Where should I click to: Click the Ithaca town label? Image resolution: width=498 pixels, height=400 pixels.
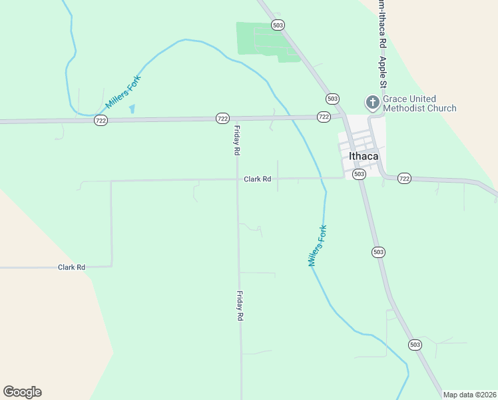click(364, 157)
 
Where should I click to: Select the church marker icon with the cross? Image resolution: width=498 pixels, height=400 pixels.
click(372, 103)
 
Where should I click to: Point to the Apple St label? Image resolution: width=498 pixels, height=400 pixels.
click(383, 72)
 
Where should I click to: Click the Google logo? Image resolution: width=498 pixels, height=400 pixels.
click(22, 392)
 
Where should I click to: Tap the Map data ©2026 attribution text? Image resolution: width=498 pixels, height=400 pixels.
click(469, 395)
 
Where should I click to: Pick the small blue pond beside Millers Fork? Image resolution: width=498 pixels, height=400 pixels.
click(131, 109)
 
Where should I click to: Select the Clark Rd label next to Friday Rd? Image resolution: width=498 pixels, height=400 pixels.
click(257, 179)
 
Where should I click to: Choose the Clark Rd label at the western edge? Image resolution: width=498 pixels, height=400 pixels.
click(71, 267)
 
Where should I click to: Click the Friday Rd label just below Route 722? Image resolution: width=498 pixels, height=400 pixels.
click(236, 141)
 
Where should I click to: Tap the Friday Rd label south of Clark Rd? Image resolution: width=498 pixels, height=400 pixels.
click(238, 306)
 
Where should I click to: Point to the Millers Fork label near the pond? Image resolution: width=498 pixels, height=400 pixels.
click(124, 92)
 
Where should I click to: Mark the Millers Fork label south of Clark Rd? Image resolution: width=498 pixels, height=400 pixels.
click(318, 246)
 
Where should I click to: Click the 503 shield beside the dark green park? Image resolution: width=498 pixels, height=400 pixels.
click(278, 25)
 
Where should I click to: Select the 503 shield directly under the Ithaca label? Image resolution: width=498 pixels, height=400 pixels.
click(359, 174)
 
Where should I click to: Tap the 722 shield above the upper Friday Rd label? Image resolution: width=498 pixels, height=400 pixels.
click(222, 118)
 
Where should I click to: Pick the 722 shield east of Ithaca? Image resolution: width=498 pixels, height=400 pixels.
click(404, 178)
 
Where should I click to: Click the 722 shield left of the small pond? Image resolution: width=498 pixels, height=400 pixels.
click(101, 120)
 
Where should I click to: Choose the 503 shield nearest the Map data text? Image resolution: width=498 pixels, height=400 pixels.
click(415, 345)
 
